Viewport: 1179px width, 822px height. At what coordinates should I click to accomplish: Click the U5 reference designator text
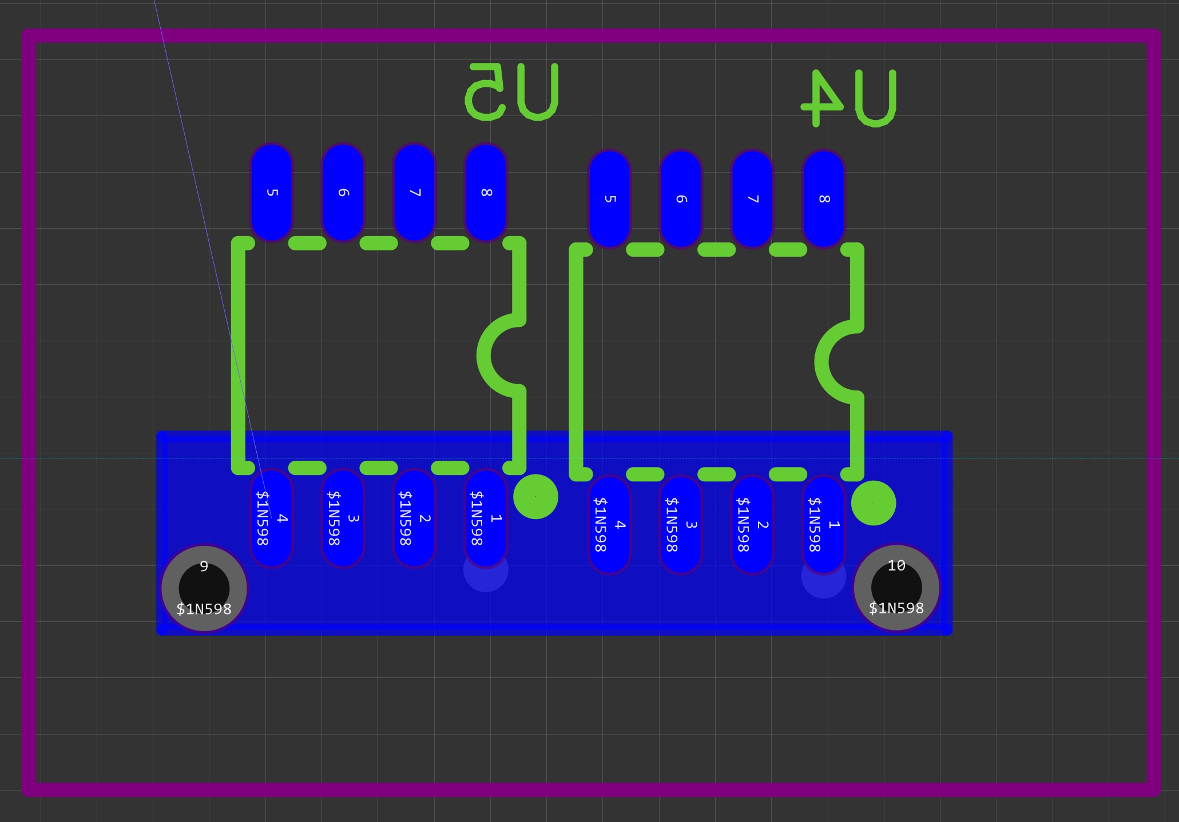511,92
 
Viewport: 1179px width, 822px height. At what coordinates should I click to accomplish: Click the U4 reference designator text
849,98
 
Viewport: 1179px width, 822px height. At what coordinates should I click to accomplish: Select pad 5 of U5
272,192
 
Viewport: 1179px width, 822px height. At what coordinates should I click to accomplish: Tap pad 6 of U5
343,192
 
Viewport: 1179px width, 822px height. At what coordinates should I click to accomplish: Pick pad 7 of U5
414,192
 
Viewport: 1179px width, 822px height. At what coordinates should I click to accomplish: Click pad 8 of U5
486,192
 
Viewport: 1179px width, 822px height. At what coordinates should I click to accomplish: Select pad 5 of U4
609,199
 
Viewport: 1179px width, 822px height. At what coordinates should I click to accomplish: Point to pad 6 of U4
681,199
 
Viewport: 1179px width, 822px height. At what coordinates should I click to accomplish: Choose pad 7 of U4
752,199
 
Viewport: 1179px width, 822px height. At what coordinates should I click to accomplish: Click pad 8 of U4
824,199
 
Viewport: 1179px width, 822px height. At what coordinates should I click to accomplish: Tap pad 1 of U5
486,518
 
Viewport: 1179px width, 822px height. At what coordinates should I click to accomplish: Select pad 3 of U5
343,518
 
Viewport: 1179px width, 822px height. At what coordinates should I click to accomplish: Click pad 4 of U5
272,518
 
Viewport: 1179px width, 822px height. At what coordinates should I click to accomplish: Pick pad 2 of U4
752,524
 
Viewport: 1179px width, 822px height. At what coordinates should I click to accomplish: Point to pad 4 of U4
609,524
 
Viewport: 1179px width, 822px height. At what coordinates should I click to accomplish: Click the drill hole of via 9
204,588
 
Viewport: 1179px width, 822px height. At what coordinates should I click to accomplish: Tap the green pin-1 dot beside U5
535,497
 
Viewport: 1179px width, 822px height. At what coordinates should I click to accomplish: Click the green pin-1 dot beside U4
874,503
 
